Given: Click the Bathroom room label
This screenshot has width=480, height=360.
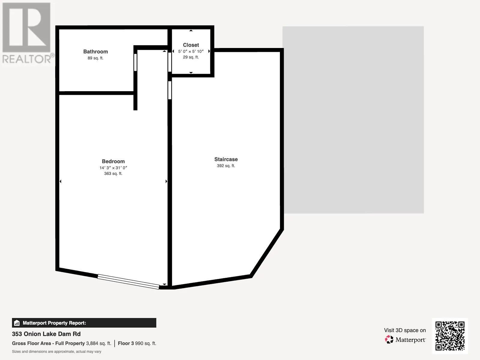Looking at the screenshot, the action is tap(96, 52).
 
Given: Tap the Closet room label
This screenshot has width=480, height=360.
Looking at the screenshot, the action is tap(191, 45).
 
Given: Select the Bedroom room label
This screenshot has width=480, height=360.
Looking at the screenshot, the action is tap(113, 161).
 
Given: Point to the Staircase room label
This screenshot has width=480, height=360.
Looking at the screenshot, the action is tap(226, 159).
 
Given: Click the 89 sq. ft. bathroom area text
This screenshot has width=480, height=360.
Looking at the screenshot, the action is tap(96, 58).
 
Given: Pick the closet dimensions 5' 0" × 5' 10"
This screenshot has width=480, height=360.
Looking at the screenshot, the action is tap(191, 51).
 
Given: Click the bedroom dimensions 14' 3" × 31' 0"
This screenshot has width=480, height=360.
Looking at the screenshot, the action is tap(113, 168).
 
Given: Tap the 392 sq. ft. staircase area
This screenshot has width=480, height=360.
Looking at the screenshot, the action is tap(226, 166).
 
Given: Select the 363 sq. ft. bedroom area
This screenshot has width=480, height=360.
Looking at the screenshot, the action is tap(113, 174).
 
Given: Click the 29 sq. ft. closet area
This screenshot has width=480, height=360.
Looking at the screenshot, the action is tap(191, 57).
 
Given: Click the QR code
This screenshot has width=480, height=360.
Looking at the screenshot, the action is tap(450, 336).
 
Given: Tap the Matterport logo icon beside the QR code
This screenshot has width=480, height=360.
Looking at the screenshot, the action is tap(389, 340).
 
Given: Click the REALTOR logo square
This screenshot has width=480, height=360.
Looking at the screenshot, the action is tap(26, 27).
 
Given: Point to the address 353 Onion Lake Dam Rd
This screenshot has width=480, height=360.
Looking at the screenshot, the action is tap(46, 334).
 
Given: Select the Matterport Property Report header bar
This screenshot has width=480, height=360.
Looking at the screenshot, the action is tap(84, 323).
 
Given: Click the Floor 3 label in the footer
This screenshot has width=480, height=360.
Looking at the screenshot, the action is tap(126, 343).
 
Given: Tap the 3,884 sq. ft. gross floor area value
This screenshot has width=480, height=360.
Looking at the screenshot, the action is tap(99, 343).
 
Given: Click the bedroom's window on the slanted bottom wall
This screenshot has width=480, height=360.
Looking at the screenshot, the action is tap(128, 282).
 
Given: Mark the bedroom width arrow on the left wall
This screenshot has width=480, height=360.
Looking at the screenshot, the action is tap(60, 181).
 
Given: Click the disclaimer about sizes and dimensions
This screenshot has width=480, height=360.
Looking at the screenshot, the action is tap(56, 352).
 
